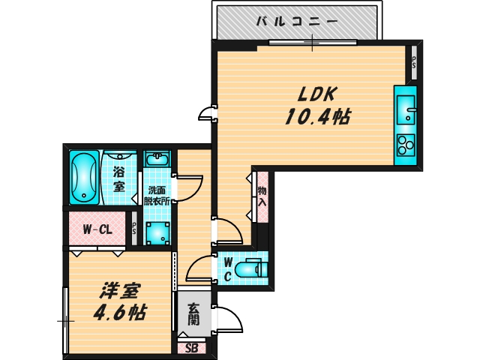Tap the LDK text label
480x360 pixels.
(x=318, y=94)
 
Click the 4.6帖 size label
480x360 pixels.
(x=119, y=311)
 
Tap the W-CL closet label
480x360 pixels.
(x=97, y=229)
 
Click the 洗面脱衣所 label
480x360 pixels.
(x=157, y=195)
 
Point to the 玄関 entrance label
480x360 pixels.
(x=193, y=313)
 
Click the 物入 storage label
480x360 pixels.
(x=262, y=196)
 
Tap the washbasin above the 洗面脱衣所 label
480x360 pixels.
(x=157, y=159)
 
